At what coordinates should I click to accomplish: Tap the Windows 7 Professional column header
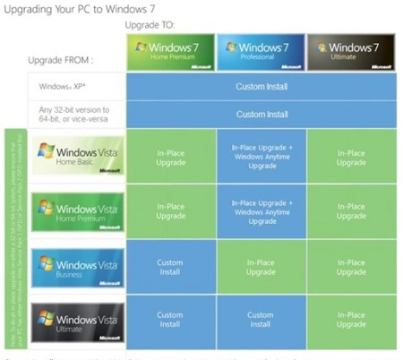tap(260, 53)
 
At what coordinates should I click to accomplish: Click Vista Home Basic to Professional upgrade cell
tap(261, 153)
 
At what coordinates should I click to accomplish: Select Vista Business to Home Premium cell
tap(170, 267)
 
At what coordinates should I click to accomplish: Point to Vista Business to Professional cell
tap(261, 267)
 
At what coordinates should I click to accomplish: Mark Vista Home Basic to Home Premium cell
tap(170, 153)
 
